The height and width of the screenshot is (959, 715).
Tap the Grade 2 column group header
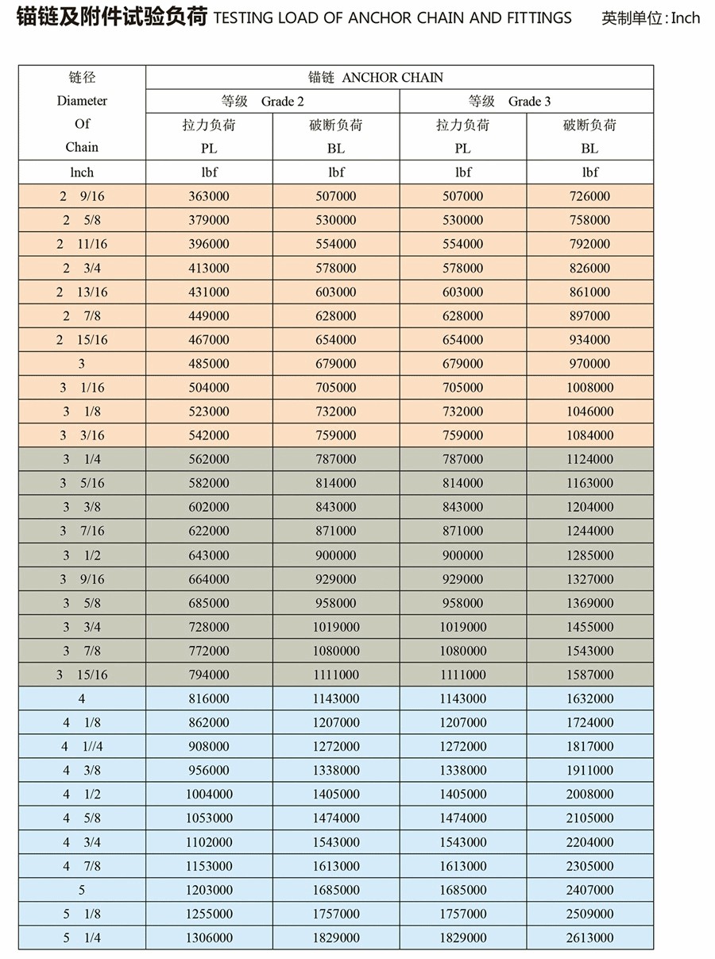click(x=272, y=101)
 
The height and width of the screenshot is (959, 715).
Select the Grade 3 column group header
click(x=526, y=101)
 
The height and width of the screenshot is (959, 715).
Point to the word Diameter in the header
click(x=82, y=101)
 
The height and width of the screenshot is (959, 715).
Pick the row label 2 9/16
click(x=82, y=196)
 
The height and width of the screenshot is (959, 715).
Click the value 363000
click(x=209, y=196)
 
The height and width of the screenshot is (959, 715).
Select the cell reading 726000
click(x=589, y=196)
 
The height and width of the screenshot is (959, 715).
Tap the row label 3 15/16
click(x=82, y=675)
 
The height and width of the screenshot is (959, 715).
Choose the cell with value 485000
click(x=209, y=363)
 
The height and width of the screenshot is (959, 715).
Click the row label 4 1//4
click(x=82, y=746)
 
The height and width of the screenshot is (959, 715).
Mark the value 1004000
click(x=209, y=794)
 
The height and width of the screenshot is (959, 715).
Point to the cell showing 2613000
click(x=589, y=938)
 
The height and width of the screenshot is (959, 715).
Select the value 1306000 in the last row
click(x=209, y=938)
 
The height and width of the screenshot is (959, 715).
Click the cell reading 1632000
click(x=589, y=698)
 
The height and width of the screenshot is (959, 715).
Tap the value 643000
click(x=209, y=555)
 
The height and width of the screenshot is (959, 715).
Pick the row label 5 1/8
click(x=82, y=914)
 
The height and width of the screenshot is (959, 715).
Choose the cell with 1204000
click(x=589, y=507)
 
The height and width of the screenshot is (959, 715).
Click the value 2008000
click(x=589, y=794)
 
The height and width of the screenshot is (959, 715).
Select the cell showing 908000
click(x=209, y=746)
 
